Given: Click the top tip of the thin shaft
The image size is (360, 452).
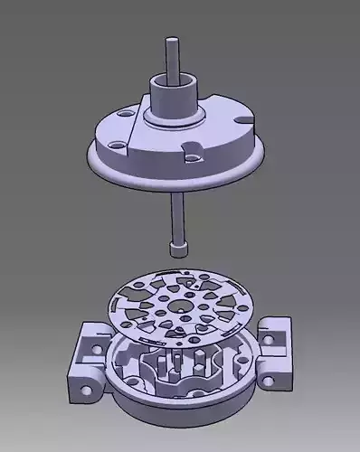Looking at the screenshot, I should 170,39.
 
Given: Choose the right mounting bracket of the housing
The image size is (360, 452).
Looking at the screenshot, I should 275,353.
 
